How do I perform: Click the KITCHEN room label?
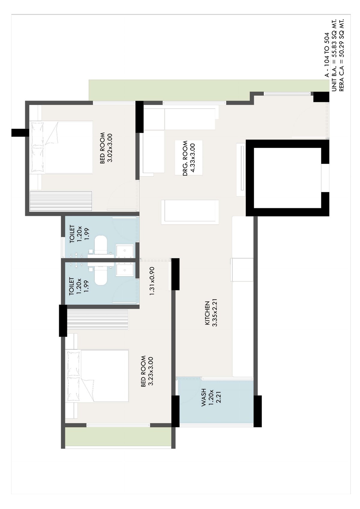[207, 313]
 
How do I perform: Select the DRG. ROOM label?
[185, 158]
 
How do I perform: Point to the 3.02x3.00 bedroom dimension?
[110, 148]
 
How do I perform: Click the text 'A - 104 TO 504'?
[327, 55]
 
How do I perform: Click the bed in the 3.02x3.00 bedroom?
[61, 148]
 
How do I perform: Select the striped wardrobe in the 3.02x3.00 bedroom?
[61, 201]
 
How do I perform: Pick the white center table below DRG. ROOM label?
[190, 212]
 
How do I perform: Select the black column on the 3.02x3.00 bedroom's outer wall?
[20, 133]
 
